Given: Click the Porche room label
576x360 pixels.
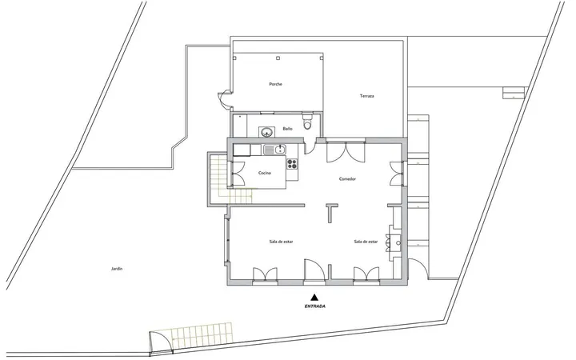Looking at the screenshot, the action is click(275, 84).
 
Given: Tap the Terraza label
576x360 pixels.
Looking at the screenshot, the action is click(367, 96).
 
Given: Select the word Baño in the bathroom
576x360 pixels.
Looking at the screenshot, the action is click(288, 129).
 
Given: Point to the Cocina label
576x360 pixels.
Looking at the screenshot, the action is click(265, 173).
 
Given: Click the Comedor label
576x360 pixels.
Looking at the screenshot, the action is click(347, 179).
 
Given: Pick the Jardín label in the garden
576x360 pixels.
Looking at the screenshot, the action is click(117, 269).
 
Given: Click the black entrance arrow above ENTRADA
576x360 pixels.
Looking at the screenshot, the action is click(314, 297).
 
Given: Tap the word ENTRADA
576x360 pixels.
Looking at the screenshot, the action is click(315, 306).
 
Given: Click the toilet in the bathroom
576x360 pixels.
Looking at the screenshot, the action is click(307, 122).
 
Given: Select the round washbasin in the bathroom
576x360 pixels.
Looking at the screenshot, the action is click(266, 131).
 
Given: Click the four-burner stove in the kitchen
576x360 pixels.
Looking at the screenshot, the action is click(292, 164).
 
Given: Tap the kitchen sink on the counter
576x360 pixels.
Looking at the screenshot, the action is click(274, 149).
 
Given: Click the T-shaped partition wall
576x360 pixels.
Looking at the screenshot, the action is click(331, 212).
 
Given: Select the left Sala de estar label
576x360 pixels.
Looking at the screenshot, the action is click(281, 242).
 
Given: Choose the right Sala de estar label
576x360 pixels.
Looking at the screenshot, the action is click(366, 242).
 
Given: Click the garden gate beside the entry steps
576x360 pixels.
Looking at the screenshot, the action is click(161, 342).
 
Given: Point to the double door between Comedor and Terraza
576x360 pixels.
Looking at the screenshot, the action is click(346, 152).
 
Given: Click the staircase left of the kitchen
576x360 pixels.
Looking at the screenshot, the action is click(231, 179).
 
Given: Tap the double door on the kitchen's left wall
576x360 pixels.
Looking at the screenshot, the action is click(237, 174).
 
